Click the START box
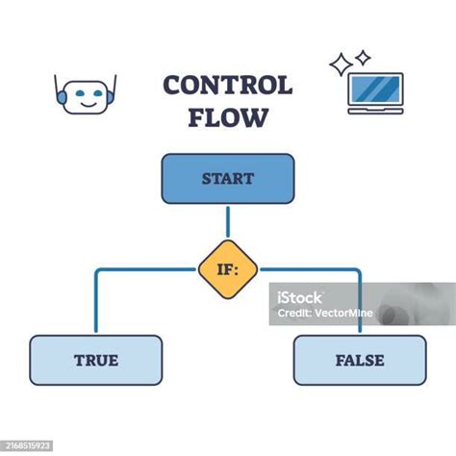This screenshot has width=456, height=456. point(227,179)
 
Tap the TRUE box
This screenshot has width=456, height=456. point(95,361)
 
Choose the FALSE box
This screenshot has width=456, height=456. point(360,361)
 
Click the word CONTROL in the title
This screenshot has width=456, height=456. point(227,86)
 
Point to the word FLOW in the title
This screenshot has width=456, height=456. point(228,118)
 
